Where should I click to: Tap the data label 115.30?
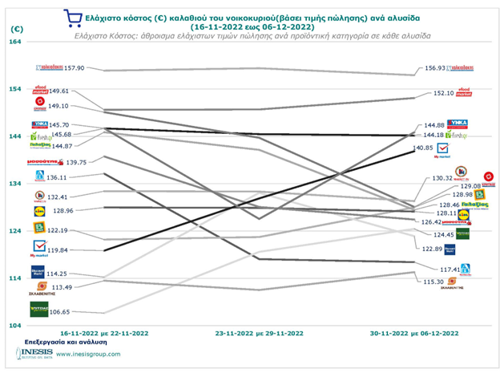tap(433, 282)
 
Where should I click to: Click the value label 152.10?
tap(443, 93)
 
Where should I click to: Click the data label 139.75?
tap(77, 162)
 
